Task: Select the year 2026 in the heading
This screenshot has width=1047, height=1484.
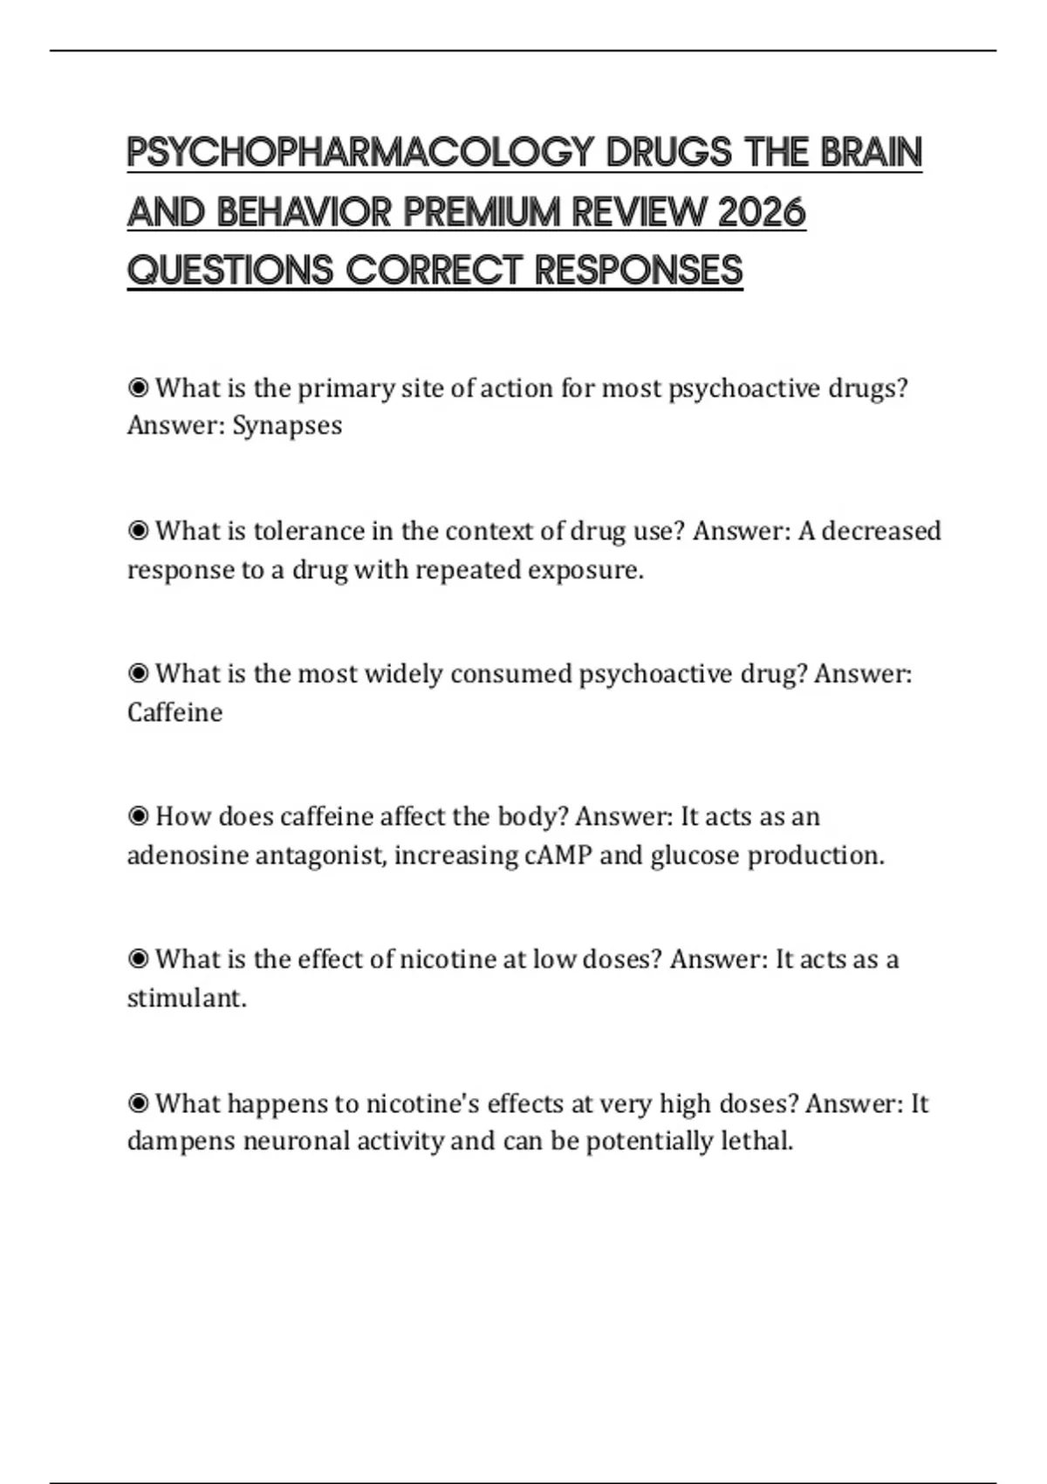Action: tap(761, 212)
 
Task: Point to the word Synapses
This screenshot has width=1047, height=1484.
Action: tap(287, 426)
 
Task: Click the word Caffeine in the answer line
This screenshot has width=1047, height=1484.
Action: tap(174, 713)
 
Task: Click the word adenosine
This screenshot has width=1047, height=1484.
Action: tap(187, 855)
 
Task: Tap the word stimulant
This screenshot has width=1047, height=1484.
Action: tap(185, 998)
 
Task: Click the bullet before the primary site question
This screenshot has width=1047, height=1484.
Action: tap(138, 387)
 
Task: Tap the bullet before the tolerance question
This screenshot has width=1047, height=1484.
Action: tap(138, 531)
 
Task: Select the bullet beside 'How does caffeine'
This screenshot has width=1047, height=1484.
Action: tap(138, 816)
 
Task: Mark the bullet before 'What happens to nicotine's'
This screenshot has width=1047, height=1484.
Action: tap(138, 1103)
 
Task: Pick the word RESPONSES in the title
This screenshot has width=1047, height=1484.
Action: tap(638, 271)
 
